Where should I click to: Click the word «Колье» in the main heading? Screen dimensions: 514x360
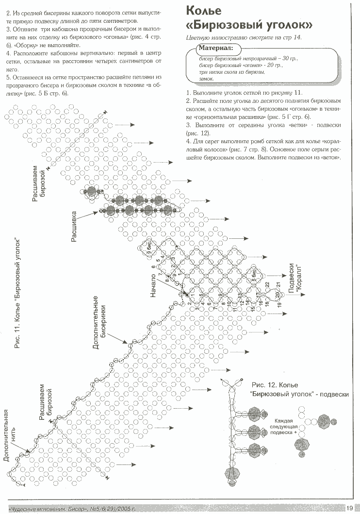[x=204, y=10]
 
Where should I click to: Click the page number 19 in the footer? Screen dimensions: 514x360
[x=350, y=508]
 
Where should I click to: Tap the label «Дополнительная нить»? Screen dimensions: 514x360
[x=10, y=435]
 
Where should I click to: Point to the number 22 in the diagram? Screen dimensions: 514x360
[x=267, y=284]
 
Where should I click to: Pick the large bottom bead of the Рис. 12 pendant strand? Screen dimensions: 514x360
[x=230, y=473]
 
